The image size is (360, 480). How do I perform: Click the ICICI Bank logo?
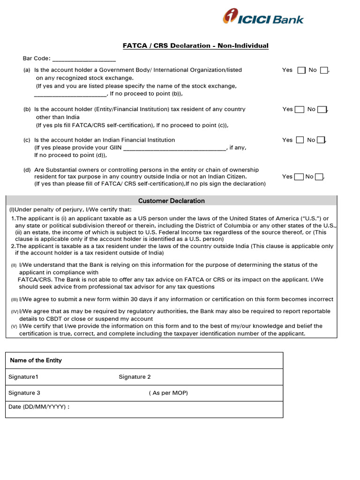point(263,17)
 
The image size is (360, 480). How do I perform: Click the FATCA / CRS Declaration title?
point(195,45)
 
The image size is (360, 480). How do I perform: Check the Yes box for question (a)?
point(301,70)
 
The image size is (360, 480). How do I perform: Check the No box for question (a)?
point(324,70)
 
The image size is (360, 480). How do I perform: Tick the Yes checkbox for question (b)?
point(301,110)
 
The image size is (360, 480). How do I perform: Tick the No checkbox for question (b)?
point(322,110)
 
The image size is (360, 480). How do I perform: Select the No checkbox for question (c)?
point(321,140)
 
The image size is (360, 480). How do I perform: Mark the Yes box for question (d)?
point(299,177)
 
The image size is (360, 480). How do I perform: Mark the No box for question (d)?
point(319,177)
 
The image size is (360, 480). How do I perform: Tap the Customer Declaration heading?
point(172,201)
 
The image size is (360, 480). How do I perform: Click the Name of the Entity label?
point(36,360)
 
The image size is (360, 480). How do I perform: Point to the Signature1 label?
point(23,377)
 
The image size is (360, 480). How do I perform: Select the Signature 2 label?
point(135,377)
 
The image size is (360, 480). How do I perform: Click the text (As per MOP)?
point(168,393)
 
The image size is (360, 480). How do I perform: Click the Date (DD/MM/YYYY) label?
point(39,407)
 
